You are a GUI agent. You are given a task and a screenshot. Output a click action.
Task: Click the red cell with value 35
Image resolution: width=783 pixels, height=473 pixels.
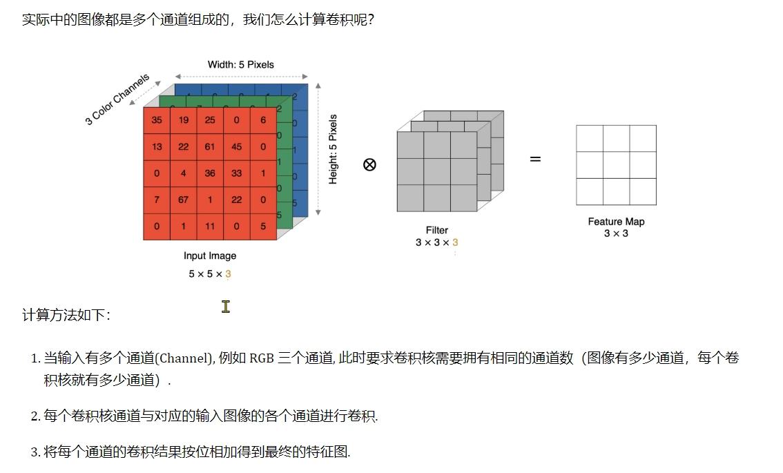tap(157, 120)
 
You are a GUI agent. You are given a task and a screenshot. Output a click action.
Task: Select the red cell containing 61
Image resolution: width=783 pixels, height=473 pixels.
tap(210, 146)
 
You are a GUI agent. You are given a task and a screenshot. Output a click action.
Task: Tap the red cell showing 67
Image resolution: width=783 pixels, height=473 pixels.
tap(183, 200)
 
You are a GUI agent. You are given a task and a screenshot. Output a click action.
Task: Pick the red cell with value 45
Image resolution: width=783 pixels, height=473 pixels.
tap(236, 146)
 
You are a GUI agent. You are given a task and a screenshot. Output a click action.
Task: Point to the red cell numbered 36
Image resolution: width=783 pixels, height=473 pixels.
tap(210, 173)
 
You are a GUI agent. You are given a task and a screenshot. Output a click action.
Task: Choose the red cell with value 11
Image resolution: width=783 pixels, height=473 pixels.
tap(210, 226)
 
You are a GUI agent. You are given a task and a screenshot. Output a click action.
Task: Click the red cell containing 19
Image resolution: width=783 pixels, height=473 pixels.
tap(183, 120)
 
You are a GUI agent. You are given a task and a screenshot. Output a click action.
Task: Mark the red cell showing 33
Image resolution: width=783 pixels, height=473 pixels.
tap(236, 173)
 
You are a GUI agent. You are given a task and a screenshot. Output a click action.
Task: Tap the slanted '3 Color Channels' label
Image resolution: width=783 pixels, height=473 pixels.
tap(117, 100)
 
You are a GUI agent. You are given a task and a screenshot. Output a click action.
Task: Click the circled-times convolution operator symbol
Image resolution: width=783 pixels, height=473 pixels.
tap(369, 164)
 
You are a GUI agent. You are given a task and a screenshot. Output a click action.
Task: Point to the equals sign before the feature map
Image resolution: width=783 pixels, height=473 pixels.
tap(535, 160)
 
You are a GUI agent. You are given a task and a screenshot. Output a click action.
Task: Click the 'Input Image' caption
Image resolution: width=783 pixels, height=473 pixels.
tap(210, 256)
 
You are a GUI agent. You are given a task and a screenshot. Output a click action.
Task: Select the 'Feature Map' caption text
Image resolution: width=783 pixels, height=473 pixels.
tap(616, 222)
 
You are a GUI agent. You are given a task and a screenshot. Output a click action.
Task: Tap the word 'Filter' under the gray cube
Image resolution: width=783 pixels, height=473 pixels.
tap(436, 231)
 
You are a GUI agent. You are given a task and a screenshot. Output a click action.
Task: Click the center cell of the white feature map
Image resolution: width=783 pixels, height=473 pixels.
tap(616, 165)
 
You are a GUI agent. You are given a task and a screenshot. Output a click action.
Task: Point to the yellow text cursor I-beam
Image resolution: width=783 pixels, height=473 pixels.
tap(226, 307)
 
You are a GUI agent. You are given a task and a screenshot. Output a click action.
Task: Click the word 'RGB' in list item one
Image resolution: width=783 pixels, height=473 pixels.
tap(262, 358)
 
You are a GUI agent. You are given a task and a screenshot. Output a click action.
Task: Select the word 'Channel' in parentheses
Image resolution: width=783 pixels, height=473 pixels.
tap(184, 358)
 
